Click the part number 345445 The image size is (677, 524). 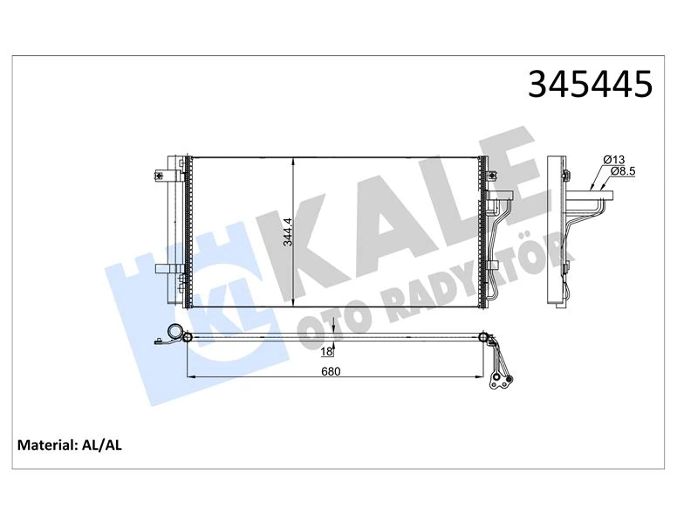pyautogui.click(x=590, y=84)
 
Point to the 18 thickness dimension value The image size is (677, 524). pyautogui.click(x=326, y=351)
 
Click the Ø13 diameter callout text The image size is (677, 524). pyautogui.click(x=613, y=159)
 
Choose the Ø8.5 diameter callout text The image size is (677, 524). pyautogui.click(x=622, y=171)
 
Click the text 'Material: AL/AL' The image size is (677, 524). pyautogui.click(x=71, y=445)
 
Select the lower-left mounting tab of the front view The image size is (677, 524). pyautogui.click(x=166, y=270)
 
